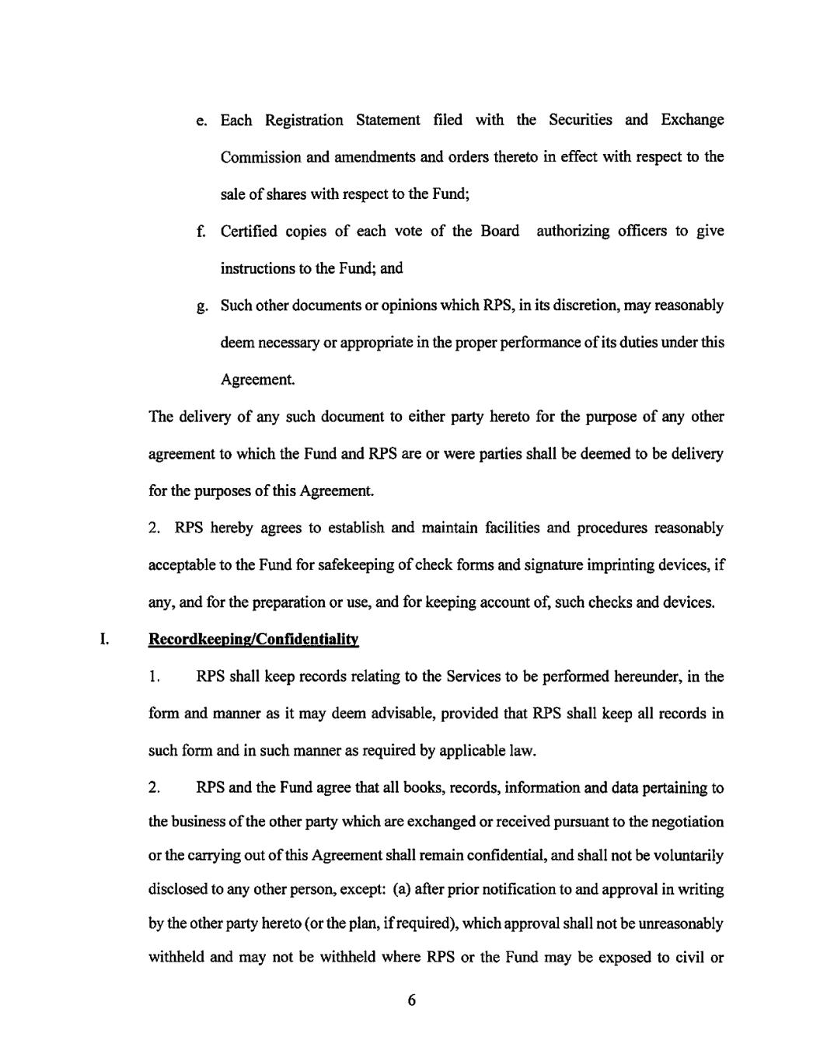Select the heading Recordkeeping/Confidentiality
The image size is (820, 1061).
click(x=253, y=640)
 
